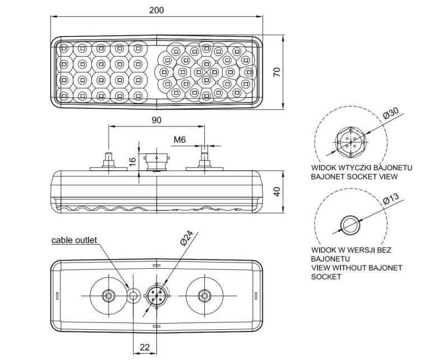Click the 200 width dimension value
(157, 10)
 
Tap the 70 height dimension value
(277, 72)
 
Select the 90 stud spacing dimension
(156, 120)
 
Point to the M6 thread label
(180, 140)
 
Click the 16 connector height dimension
(132, 162)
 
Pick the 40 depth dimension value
(277, 191)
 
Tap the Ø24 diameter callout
(186, 238)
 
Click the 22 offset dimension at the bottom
(145, 348)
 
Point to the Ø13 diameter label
(390, 199)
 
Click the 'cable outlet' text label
(74, 240)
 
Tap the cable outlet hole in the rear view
(133, 296)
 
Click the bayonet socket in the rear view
(157, 296)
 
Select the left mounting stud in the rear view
(108, 296)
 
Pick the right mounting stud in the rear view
(204, 296)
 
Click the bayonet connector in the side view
(156, 162)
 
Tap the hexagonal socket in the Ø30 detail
(351, 142)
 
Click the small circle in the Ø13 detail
(351, 225)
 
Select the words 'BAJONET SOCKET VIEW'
(354, 176)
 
